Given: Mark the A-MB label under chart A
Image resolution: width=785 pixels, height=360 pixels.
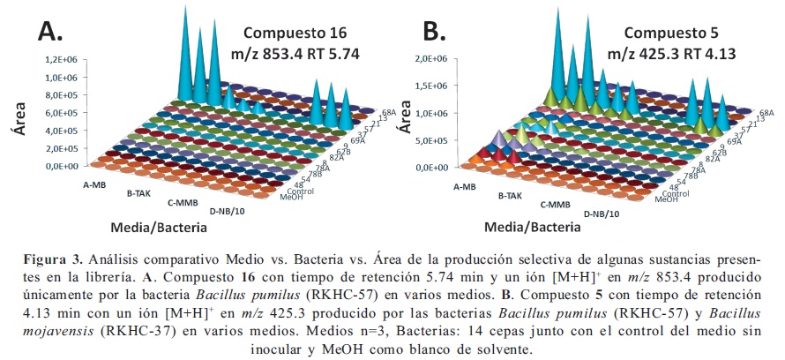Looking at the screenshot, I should (95, 186).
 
